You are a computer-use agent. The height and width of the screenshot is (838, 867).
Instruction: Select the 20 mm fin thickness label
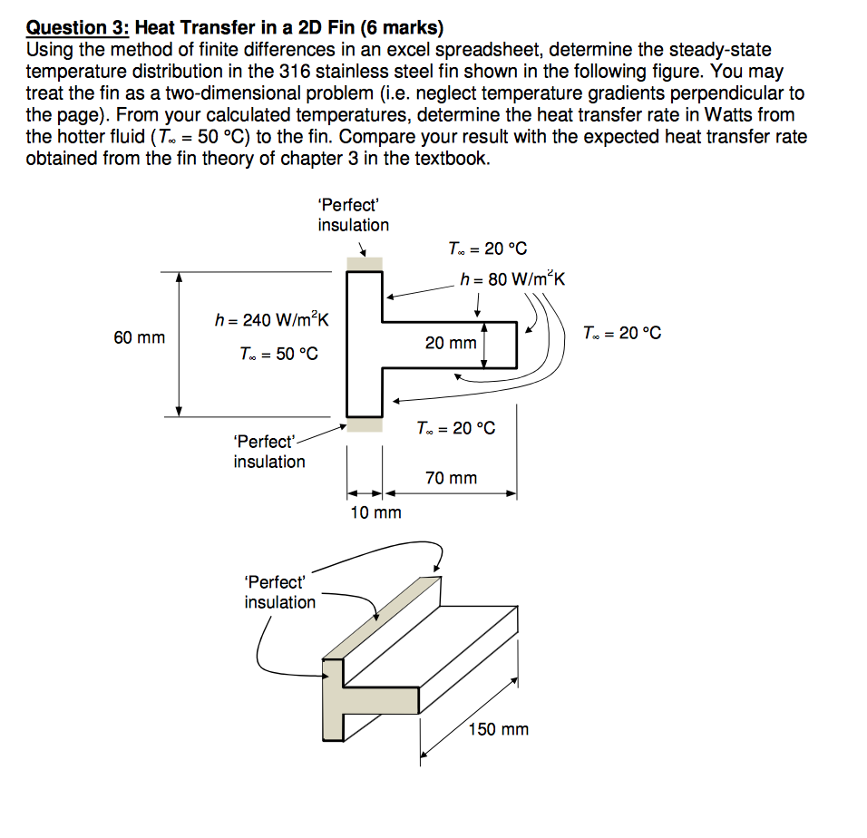click(451, 343)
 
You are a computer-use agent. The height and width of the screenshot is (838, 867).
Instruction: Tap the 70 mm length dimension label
click(451, 478)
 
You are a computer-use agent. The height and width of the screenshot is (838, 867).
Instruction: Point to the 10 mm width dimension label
click(375, 513)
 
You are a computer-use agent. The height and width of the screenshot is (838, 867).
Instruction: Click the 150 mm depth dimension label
click(498, 729)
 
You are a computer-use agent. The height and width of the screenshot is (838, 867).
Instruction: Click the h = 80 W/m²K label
click(511, 278)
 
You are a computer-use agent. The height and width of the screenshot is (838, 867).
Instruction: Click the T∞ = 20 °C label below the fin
click(455, 428)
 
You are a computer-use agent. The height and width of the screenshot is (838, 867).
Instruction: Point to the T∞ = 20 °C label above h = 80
click(487, 248)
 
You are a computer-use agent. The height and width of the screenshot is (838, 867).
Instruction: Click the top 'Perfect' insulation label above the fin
click(353, 215)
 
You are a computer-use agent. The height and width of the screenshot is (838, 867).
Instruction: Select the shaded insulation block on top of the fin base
click(364, 263)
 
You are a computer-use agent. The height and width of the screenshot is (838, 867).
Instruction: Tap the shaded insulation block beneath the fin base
click(364, 424)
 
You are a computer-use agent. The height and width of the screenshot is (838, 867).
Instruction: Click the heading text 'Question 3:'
click(78, 30)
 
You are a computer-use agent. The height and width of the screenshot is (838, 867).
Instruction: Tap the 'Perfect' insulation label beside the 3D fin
click(279, 592)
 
